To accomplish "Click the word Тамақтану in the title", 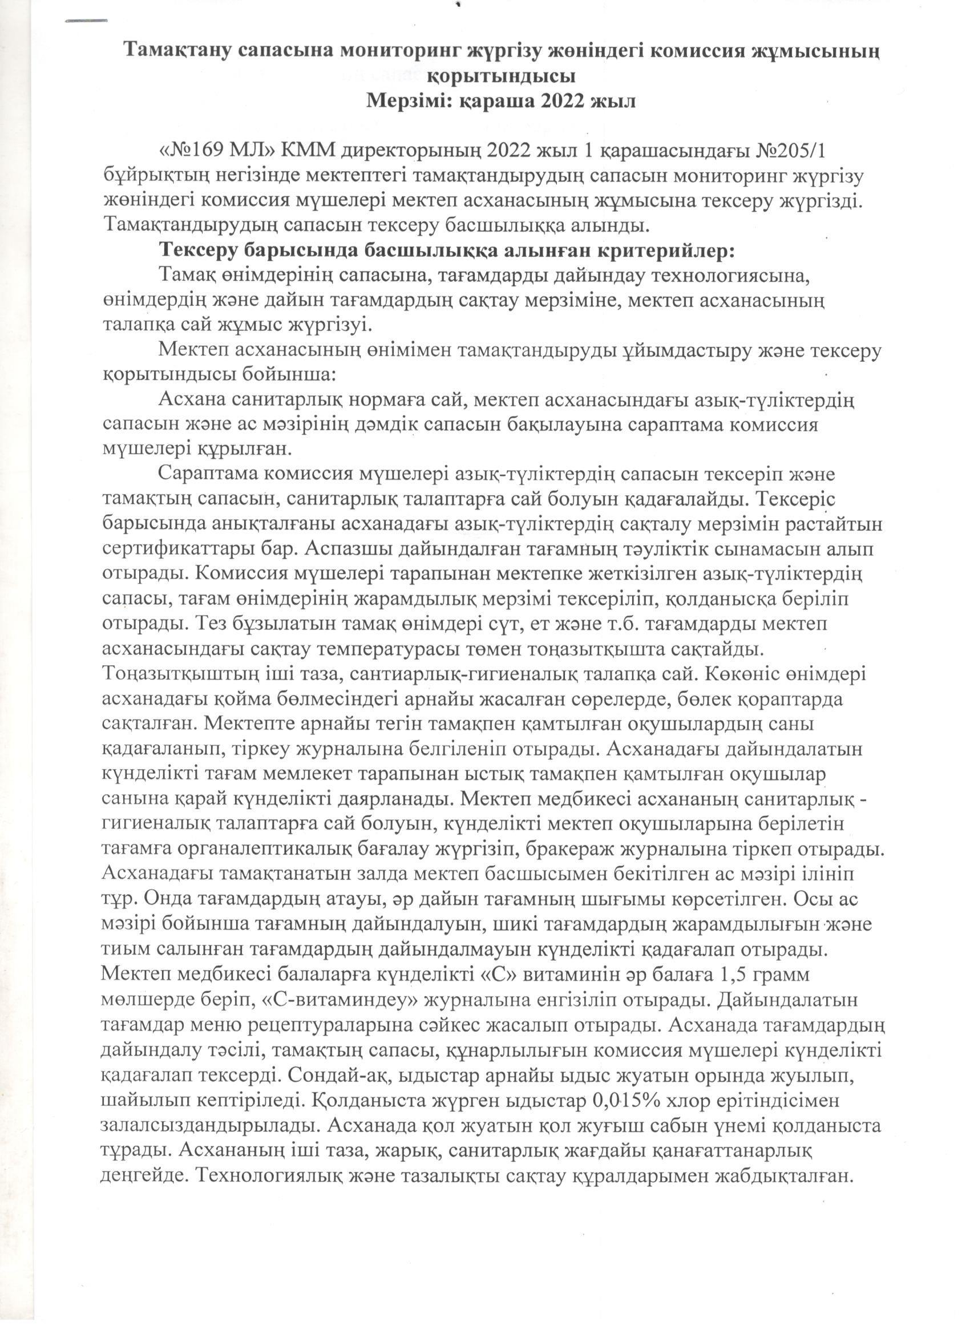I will click(x=178, y=51).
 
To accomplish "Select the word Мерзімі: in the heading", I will click(x=408, y=101).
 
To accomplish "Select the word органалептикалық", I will click(x=261, y=848).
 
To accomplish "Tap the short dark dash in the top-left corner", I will click(x=86, y=21).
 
